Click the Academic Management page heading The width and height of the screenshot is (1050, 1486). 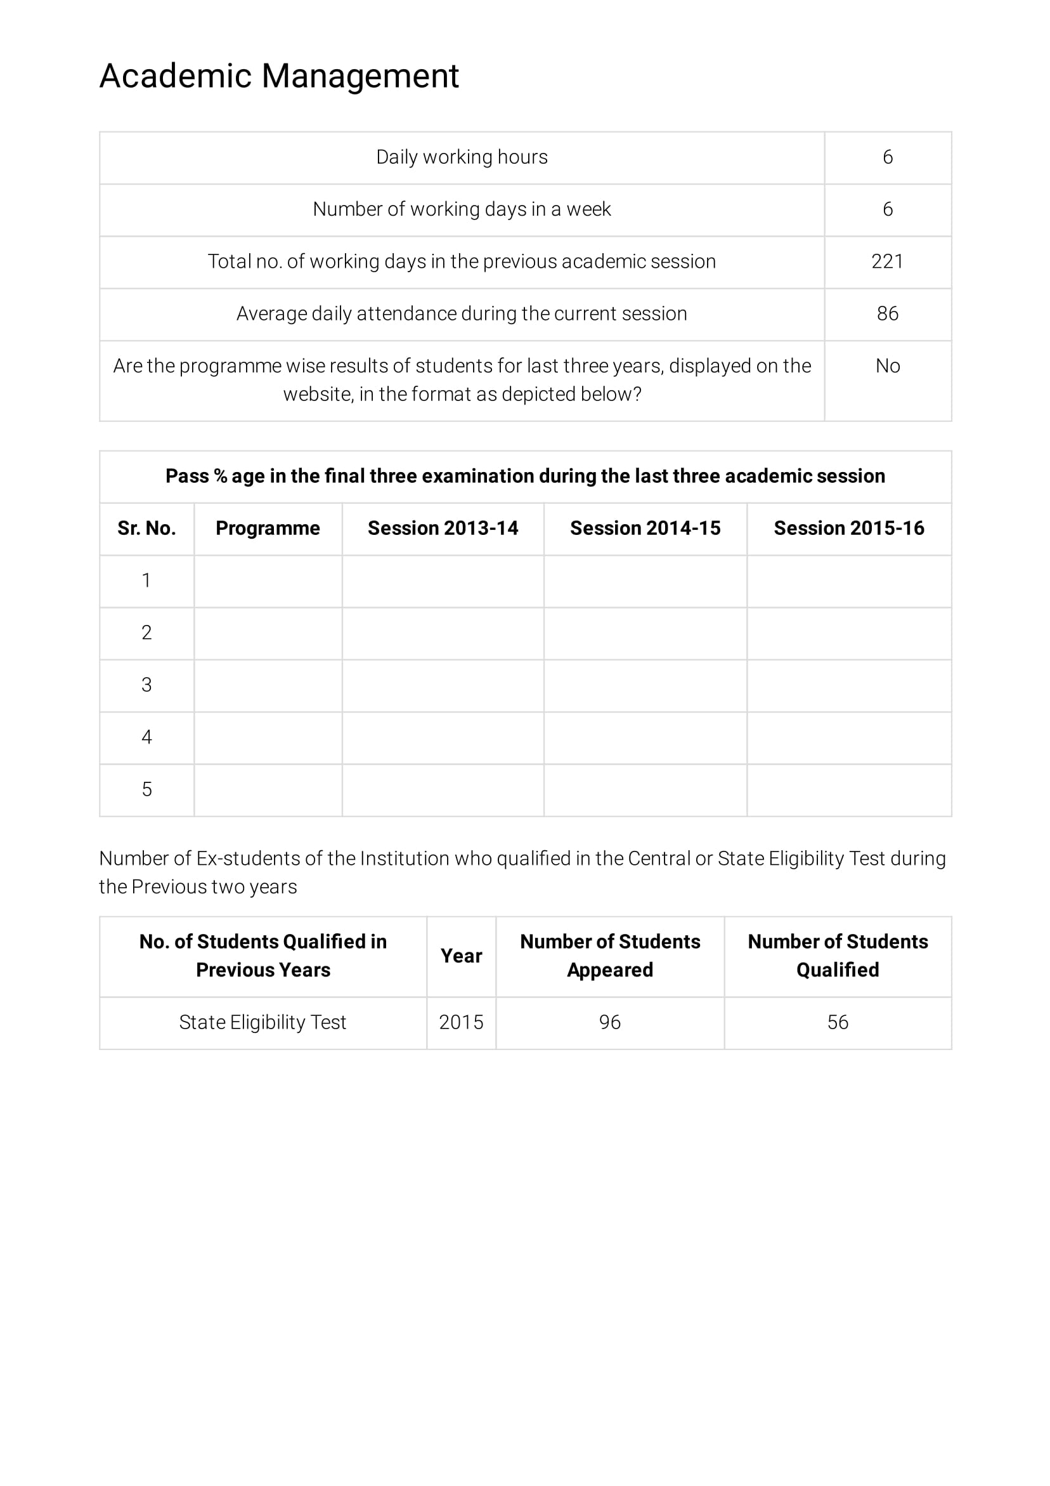point(279,76)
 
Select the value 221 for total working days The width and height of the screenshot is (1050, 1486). point(887,261)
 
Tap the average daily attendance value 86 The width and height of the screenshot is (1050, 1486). point(887,314)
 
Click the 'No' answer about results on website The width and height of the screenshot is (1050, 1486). point(887,366)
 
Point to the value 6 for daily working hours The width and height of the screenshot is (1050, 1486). point(887,157)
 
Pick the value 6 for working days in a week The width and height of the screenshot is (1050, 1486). point(887,209)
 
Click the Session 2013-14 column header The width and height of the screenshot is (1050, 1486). point(443,528)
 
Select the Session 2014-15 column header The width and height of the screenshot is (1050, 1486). point(645,528)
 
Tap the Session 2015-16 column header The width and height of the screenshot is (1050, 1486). point(849,528)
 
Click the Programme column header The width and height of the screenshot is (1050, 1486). point(268,528)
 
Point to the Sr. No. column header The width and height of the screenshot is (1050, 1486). point(147,528)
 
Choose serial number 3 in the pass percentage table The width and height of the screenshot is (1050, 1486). point(147,685)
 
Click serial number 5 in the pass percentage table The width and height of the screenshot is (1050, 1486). point(147,789)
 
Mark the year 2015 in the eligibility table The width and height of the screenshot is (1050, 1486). point(461,1022)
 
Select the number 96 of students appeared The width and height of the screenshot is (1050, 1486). point(609,1022)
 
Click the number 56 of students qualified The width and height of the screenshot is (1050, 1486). point(837,1022)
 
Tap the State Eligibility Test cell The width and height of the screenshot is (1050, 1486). point(262,1022)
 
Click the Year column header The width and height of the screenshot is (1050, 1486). point(461,956)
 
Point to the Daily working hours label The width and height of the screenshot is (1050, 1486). point(462,157)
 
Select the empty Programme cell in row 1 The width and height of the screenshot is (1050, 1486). point(268,581)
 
